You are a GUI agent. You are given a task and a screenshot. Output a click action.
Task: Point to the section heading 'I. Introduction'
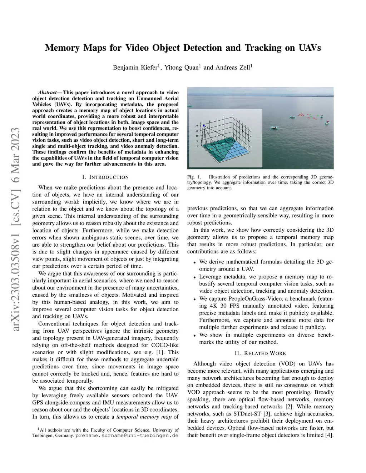pos(105,177)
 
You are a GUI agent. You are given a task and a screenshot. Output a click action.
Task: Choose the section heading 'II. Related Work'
pos(260,353)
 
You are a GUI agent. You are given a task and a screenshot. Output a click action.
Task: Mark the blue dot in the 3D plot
pos(203,126)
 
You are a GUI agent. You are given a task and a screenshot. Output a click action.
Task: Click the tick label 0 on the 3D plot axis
pos(197,146)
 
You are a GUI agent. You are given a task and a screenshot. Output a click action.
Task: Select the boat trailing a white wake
pos(274,128)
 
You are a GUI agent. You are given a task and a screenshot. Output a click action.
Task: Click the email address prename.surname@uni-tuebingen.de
pos(127,436)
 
